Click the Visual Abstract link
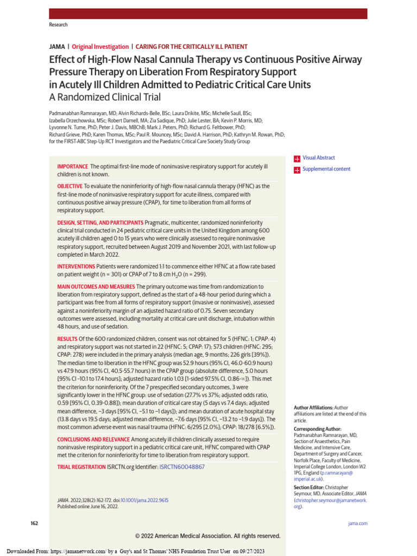pyautogui.click(x=319, y=158)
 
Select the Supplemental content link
pyautogui.click(x=326, y=169)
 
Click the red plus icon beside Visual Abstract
pyautogui.click(x=297, y=159)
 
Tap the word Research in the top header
pyautogui.click(x=59, y=25)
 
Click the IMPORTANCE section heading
pyautogui.click(x=72, y=166)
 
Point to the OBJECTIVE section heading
pyautogui.click(x=70, y=186)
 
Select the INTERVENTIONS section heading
pyautogui.click(x=76, y=267)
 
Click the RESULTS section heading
pyautogui.click(x=67, y=338)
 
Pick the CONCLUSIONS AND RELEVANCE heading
pyautogui.click(x=93, y=439)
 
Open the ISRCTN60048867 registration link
pyautogui.click(x=182, y=467)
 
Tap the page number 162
pyautogui.click(x=34, y=523)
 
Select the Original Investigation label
pyautogui.click(x=100, y=47)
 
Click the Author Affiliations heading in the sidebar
pyautogui.click(x=313, y=407)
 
